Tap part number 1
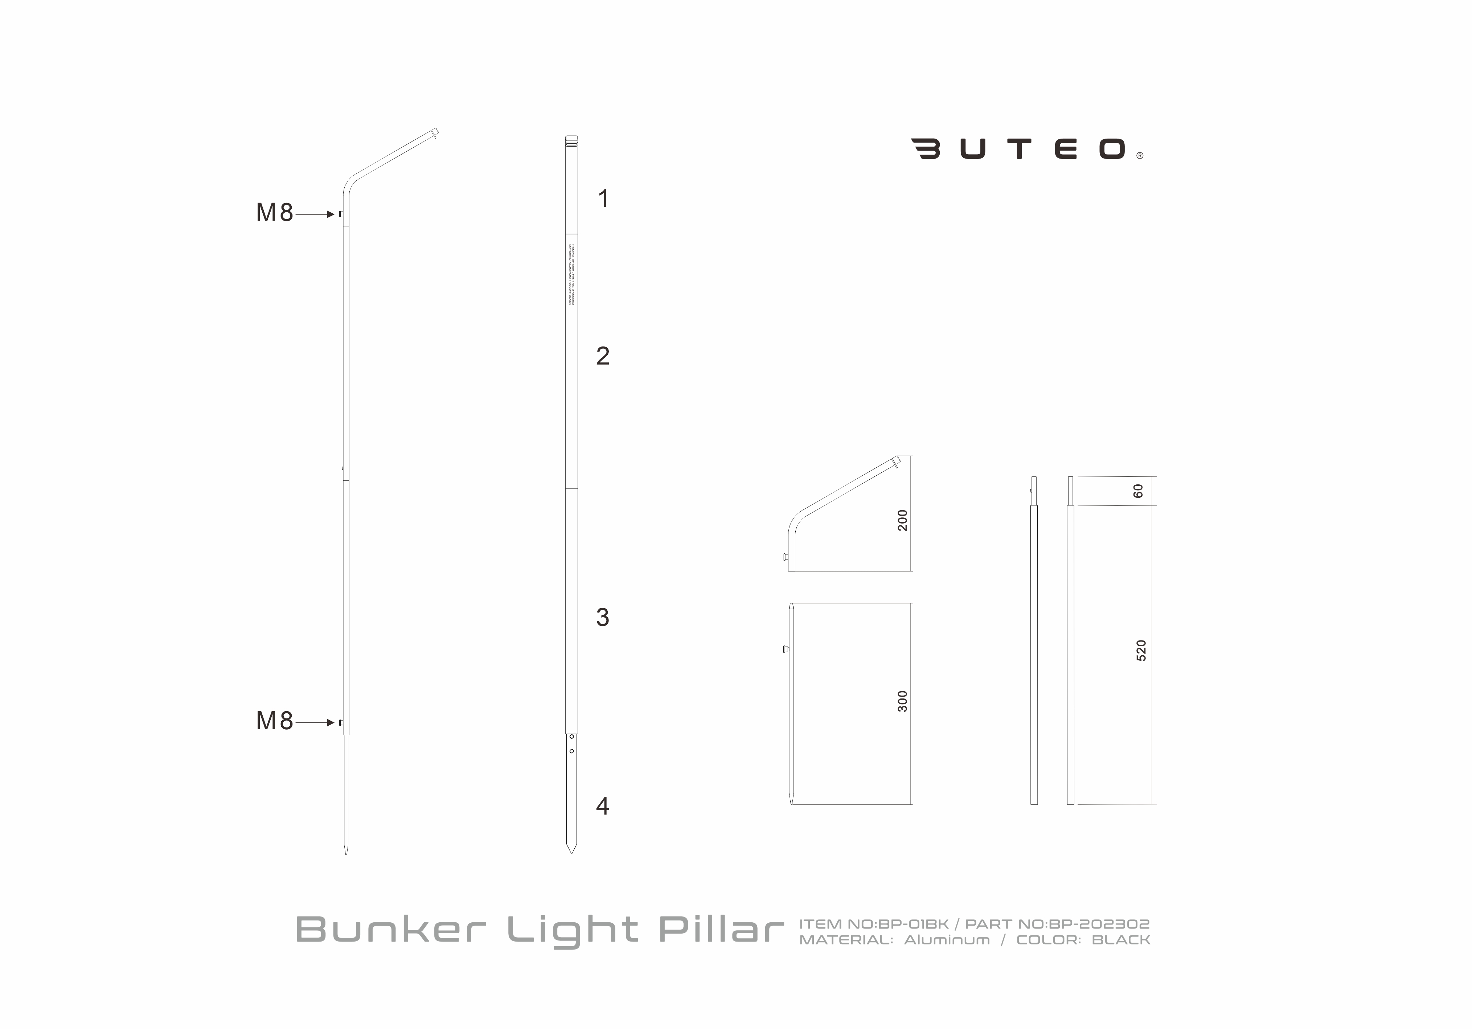point(603,199)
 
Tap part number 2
point(603,356)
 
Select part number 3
point(603,618)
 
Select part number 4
point(603,806)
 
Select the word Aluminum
point(947,940)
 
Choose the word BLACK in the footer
point(1121,940)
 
